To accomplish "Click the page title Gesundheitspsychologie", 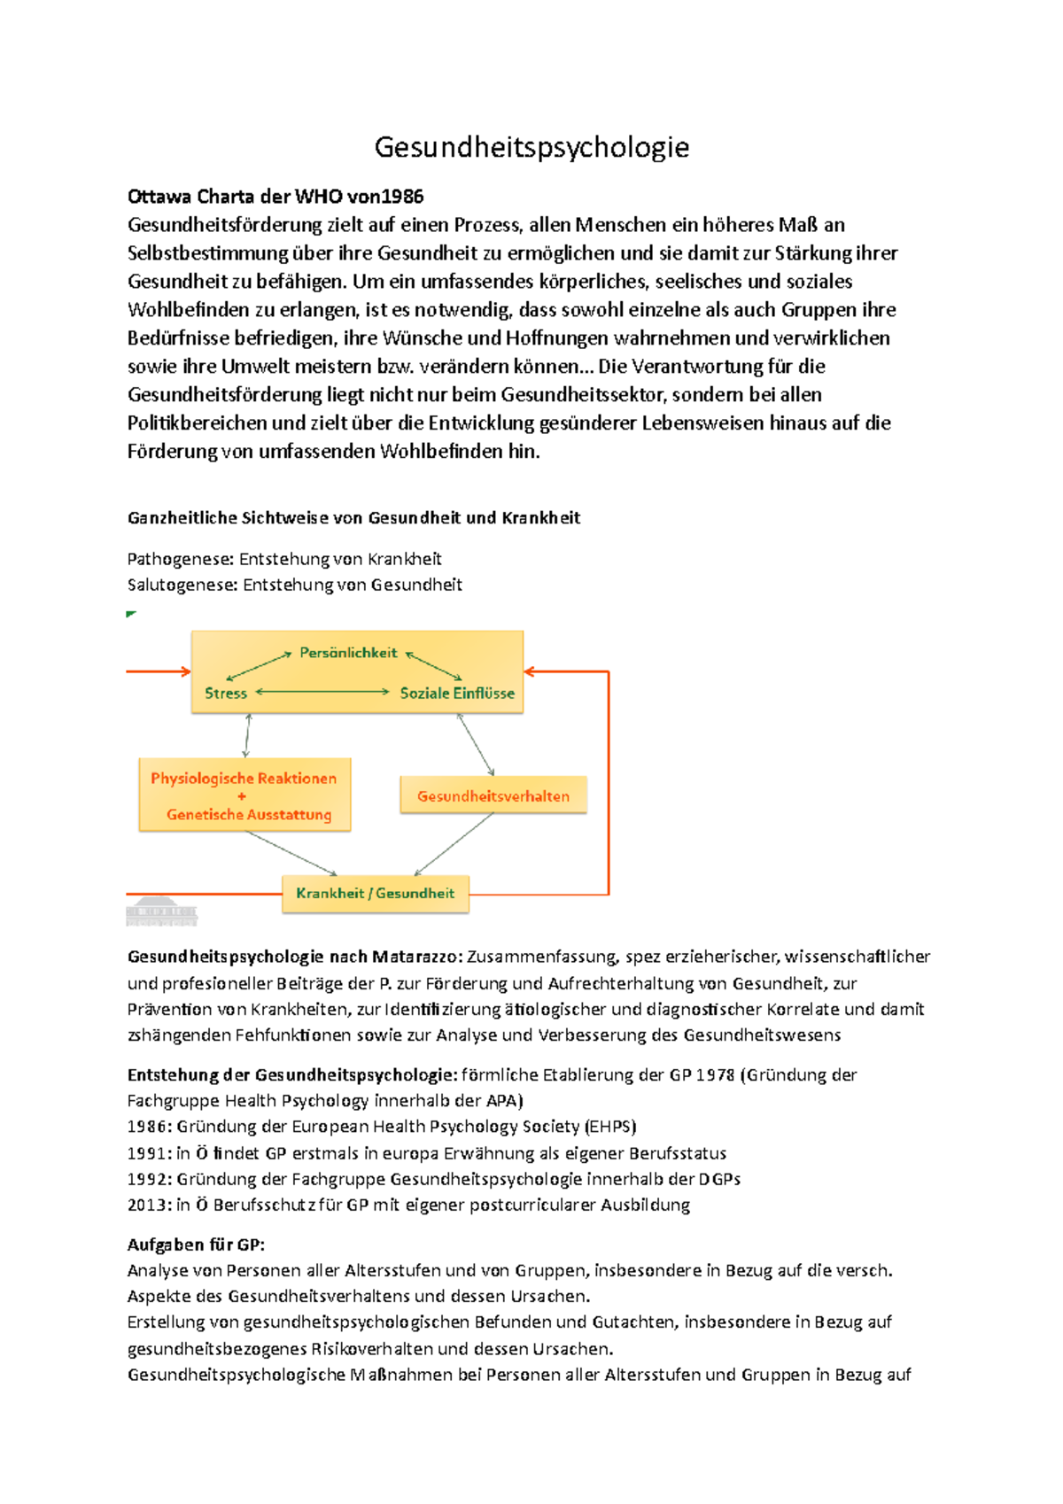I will [x=531, y=147].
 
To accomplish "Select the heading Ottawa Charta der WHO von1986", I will [x=275, y=196].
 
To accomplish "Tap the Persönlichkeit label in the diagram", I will [x=348, y=653].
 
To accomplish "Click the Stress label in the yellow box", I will [x=226, y=694].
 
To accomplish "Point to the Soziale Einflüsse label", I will [x=457, y=694].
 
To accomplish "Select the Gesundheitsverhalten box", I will [x=493, y=795].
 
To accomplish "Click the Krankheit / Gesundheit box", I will [x=375, y=893].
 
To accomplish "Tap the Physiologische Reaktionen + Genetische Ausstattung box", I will [x=244, y=795].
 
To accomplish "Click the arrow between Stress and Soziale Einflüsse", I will [x=323, y=692].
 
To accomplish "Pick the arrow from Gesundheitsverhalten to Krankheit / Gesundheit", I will [x=454, y=844].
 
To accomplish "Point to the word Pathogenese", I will [x=181, y=559].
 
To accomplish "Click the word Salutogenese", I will [x=182, y=585].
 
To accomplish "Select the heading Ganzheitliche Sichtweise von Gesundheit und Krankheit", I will [x=353, y=518].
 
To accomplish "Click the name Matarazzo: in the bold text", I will [x=416, y=957].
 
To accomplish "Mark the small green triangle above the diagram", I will [x=131, y=614].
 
